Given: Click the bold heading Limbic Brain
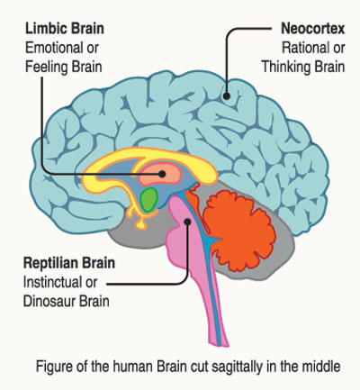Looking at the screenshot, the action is pos(65,29).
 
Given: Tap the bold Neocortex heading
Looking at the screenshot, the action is pos(313,29).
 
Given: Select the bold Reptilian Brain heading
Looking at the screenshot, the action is pos(69,263).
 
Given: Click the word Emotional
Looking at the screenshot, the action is pos(54,48).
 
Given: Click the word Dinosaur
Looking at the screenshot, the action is pos(49,301).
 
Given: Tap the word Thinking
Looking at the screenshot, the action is pos(284,67).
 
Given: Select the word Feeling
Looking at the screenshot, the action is pos(45,67).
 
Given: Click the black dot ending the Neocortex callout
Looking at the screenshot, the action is pos(227,96).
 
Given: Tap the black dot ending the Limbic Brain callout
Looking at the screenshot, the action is pos(162,174).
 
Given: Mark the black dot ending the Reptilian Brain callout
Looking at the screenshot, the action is pos(188,222).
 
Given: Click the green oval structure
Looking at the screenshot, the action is pos(149,200).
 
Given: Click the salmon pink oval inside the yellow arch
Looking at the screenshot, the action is pos(160,175).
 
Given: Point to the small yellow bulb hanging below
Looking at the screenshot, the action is pos(141,224).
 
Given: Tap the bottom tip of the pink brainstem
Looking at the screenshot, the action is pos(227,346).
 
